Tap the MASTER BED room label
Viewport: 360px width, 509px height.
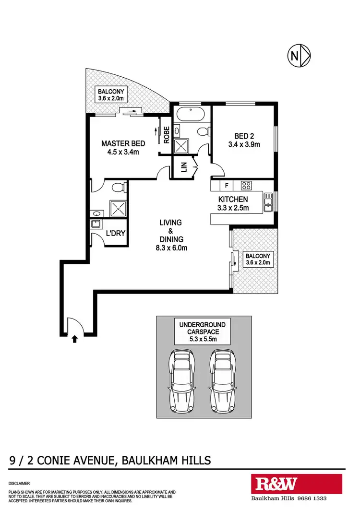point(120,148)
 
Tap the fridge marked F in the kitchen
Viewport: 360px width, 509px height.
point(227,185)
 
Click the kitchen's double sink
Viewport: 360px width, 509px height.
point(268,201)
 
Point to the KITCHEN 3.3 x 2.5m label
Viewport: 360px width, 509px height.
point(233,203)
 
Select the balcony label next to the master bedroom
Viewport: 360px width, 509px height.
point(111,95)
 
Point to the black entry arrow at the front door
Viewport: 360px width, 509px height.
point(74,340)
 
